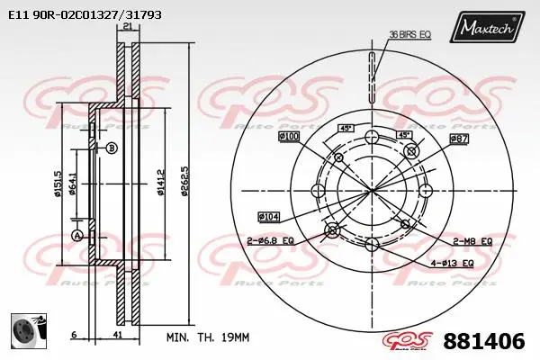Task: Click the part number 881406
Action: pyautogui.click(x=484, y=341)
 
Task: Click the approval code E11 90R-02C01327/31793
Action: pyautogui.click(x=79, y=15)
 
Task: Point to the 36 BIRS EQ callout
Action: pyautogui.click(x=409, y=34)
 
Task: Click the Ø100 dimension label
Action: pyautogui.click(x=289, y=136)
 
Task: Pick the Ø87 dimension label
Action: pyautogui.click(x=459, y=139)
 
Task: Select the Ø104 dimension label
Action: pyautogui.click(x=269, y=216)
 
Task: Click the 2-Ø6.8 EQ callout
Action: pyautogui.click(x=271, y=240)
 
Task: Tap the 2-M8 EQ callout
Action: pyautogui.click(x=472, y=241)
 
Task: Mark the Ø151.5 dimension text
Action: pyautogui.click(x=58, y=184)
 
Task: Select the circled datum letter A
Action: pyautogui.click(x=77, y=236)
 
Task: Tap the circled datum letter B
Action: pyautogui.click(x=112, y=148)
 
